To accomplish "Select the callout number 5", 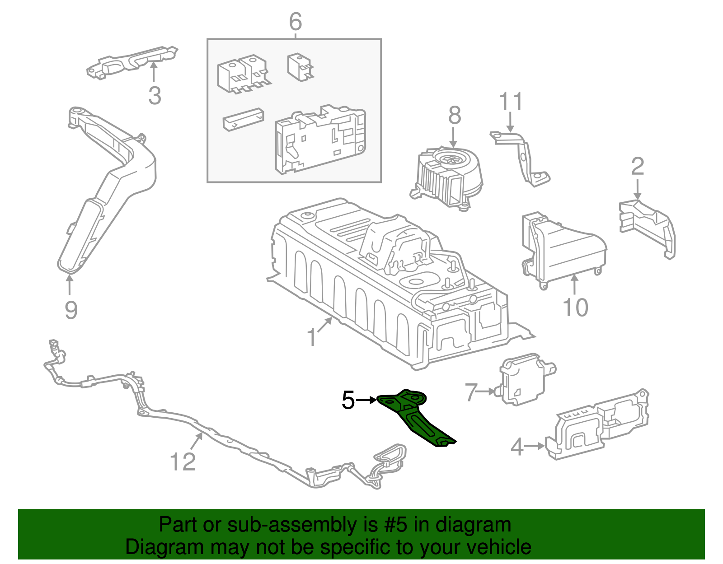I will click(x=348, y=400).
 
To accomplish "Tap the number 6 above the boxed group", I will click(x=295, y=21).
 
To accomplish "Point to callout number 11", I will click(x=511, y=102).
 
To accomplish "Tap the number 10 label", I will click(x=575, y=308).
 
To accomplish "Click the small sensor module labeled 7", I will click(x=524, y=379).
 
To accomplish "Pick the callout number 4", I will click(x=517, y=447).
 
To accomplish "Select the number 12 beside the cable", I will click(x=183, y=461).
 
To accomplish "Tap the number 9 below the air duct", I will click(x=71, y=310).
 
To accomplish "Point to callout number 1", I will click(x=312, y=337).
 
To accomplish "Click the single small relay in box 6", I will click(x=300, y=67).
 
